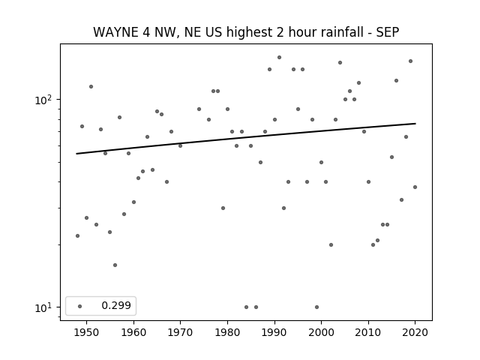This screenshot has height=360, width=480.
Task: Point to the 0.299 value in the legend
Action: pos(116,305)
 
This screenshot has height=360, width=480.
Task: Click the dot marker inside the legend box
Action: pos(80,306)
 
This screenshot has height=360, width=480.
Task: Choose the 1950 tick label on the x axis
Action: pos(87,332)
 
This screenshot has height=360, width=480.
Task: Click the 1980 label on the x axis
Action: pos(227,332)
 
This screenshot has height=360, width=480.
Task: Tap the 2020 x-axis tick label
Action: pos(415,332)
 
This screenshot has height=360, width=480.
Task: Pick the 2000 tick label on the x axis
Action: pos(322,332)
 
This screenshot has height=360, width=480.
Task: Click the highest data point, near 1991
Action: pos(279,57)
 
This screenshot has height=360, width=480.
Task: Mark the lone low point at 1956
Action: pos(115,265)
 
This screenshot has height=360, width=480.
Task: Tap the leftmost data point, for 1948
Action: pos(77,235)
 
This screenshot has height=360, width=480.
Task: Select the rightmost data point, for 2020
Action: pos(415,187)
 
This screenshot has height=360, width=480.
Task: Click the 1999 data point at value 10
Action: pos(316,307)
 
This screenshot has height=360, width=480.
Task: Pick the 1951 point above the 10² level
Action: pos(91,87)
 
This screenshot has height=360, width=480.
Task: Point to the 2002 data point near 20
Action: pos(331,245)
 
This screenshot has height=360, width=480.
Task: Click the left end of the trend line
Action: pos(76,154)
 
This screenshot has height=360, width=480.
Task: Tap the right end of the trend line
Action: pos(415,123)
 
